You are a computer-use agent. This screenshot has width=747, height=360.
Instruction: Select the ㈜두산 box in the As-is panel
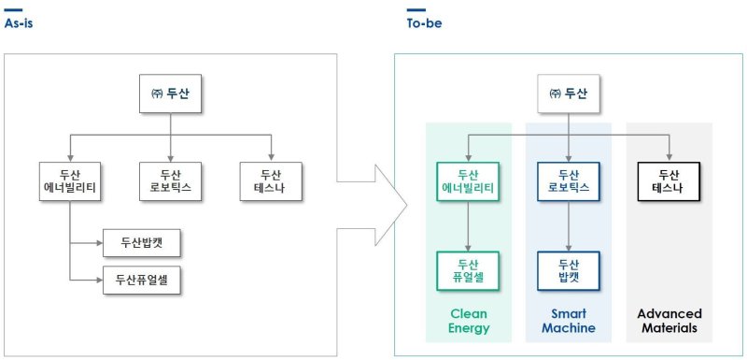170,94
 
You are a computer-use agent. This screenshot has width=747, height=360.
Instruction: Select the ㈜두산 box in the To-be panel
569,94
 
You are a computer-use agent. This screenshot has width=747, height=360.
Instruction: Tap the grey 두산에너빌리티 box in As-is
70,182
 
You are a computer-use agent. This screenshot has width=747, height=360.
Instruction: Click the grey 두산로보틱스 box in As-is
171,182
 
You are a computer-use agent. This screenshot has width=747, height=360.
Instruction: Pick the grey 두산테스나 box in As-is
271,182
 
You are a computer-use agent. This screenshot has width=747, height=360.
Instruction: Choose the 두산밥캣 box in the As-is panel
141,244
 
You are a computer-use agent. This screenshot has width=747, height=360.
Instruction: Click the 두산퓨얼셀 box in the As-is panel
141,278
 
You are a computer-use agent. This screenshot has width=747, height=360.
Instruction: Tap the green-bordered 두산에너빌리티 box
468,182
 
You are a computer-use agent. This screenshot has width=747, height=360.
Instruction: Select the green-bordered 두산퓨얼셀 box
468,270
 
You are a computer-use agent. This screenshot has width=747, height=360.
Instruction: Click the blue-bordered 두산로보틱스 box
569,182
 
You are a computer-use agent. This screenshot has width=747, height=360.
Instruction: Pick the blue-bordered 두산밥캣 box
569,270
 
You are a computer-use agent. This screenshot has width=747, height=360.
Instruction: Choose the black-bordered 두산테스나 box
669,182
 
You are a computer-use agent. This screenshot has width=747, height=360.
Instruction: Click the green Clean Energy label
468,321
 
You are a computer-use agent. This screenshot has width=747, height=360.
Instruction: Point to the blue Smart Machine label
569,321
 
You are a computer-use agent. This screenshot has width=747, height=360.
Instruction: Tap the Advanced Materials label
669,321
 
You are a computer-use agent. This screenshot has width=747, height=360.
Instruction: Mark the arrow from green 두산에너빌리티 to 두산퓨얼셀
468,226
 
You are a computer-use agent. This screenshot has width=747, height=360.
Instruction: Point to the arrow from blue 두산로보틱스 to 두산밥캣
569,226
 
